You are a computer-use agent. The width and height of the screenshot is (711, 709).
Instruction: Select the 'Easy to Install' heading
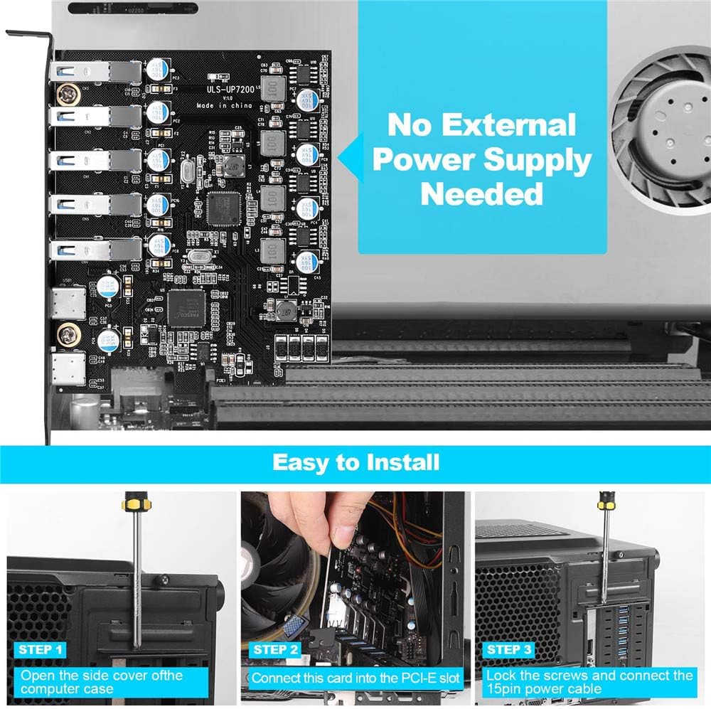[355, 462]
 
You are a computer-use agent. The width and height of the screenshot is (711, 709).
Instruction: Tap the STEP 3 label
[508, 649]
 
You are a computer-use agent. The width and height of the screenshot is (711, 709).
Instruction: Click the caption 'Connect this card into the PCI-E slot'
[356, 678]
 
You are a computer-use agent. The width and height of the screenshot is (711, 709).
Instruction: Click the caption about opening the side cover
[101, 682]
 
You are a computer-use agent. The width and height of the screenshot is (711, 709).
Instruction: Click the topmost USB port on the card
[92, 72]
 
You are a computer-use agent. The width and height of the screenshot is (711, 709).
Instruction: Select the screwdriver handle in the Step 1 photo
[133, 508]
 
